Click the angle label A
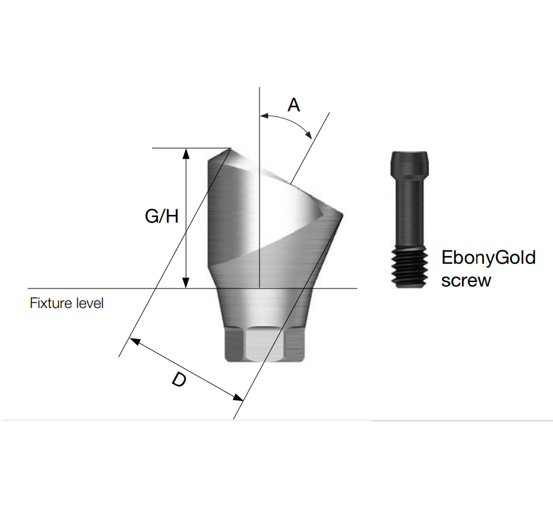(294, 104)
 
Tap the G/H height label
(162, 216)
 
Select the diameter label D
(180, 381)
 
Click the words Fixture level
(66, 303)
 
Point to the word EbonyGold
(488, 258)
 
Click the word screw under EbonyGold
(466, 280)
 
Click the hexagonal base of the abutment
(265, 345)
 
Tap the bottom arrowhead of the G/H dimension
(186, 285)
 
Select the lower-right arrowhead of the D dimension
(239, 398)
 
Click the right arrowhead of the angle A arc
(309, 134)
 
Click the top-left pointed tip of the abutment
(229, 150)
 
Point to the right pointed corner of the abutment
(342, 215)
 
